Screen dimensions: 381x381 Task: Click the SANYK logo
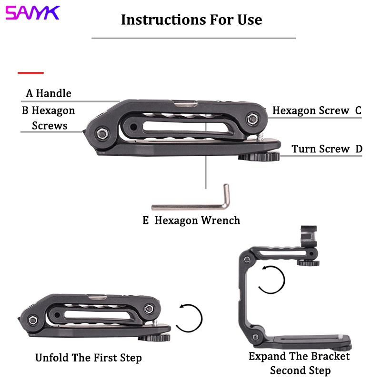coord(32,13)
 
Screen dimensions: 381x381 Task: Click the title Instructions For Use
coord(191,20)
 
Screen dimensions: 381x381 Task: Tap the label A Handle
coord(49,93)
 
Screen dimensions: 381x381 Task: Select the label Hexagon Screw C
coord(317,110)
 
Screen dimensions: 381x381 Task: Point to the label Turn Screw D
coord(327,149)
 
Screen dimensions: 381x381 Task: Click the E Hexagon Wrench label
coord(191,221)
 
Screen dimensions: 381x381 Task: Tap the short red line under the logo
coord(30,73)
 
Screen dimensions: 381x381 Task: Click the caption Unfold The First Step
coord(89,358)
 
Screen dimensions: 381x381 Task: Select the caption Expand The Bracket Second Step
coord(300,363)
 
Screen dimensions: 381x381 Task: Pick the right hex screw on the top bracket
coord(252,118)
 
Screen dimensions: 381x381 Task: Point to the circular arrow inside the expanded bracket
coord(271,280)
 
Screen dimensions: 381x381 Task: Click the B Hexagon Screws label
coord(49,118)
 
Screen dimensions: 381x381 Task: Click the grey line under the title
coord(193,38)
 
